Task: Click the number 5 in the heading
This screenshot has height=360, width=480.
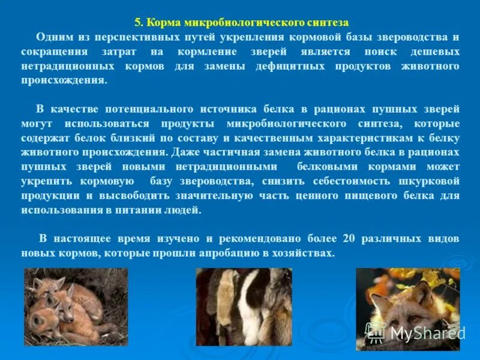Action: pos(137,23)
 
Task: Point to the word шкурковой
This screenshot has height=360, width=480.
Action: pos(428,181)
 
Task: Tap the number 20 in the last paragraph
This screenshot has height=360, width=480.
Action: pos(349,239)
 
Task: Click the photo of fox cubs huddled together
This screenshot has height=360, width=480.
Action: pos(76,307)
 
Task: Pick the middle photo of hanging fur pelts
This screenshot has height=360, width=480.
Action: pos(244,307)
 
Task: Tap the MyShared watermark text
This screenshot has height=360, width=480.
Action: pos(427,333)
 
